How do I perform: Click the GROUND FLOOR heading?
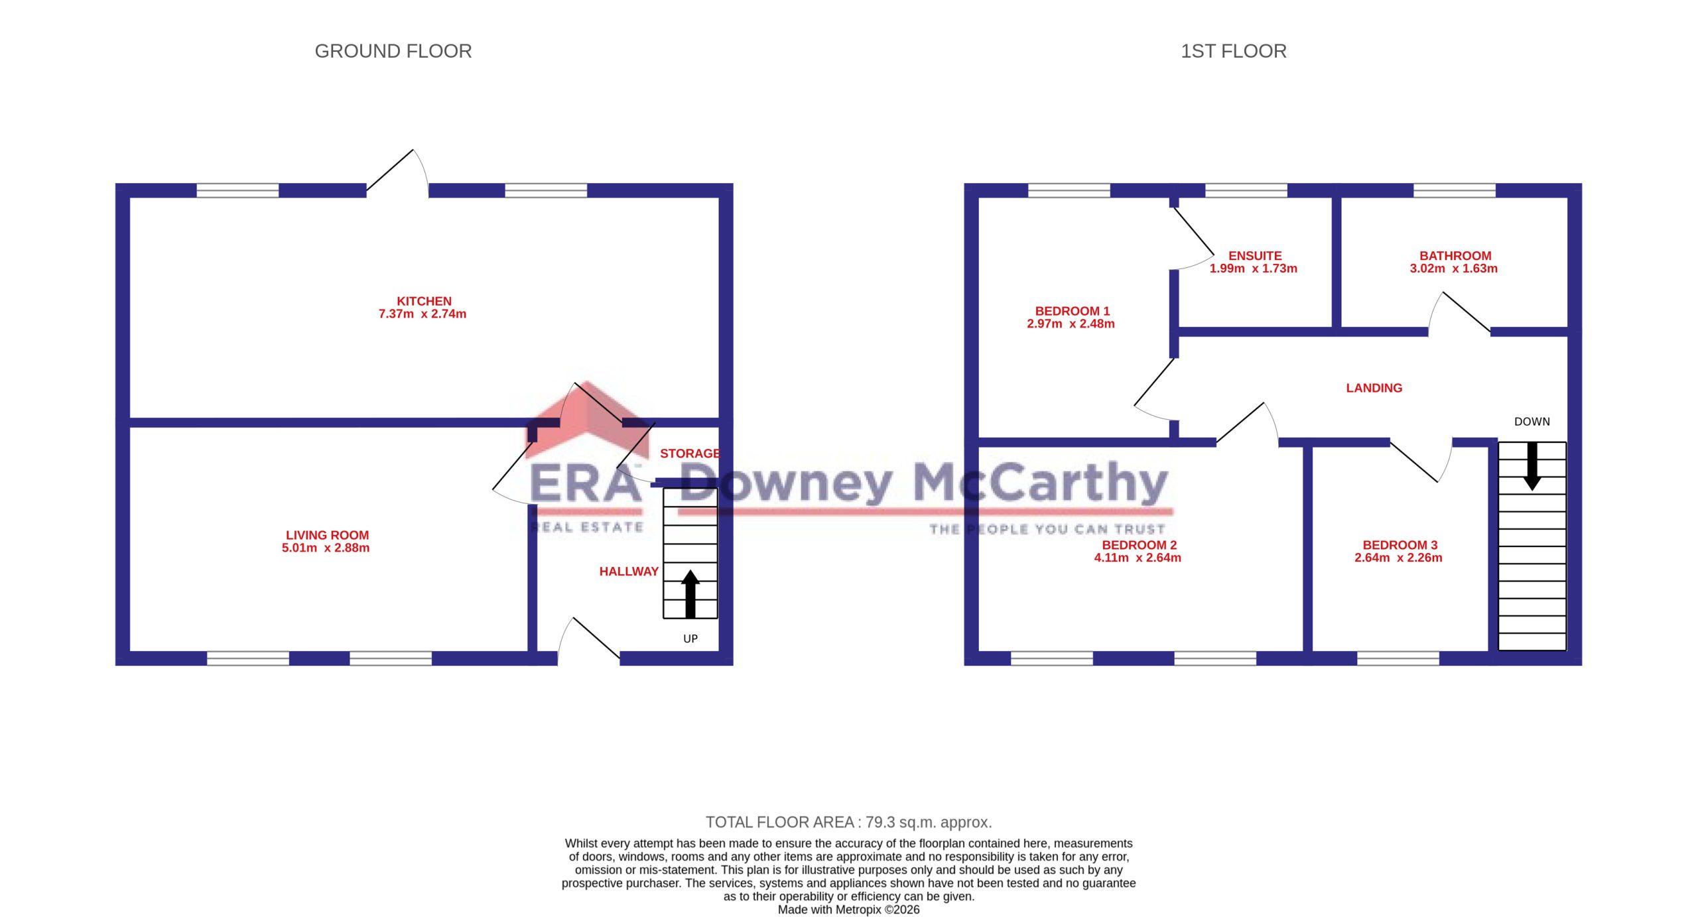click(393, 51)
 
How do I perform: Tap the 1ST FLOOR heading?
click(1234, 51)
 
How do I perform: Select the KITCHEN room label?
click(424, 301)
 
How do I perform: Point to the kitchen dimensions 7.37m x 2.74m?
click(423, 314)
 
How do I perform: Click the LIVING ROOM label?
click(327, 535)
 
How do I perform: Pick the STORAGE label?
click(690, 454)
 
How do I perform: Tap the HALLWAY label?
click(629, 572)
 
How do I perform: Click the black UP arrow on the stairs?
click(690, 593)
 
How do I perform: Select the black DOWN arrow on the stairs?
click(1532, 467)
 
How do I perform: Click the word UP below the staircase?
click(690, 639)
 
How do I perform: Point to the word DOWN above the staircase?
click(1532, 422)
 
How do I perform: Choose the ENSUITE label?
click(1255, 256)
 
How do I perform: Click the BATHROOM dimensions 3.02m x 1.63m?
click(1454, 269)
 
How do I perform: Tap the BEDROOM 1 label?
click(1073, 311)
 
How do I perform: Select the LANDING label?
click(1374, 388)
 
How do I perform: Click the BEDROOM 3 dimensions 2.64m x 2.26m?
click(1398, 558)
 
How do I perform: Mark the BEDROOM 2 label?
click(1140, 545)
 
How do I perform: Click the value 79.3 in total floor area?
click(880, 822)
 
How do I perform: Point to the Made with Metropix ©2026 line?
click(849, 910)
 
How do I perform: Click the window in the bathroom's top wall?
click(1455, 190)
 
